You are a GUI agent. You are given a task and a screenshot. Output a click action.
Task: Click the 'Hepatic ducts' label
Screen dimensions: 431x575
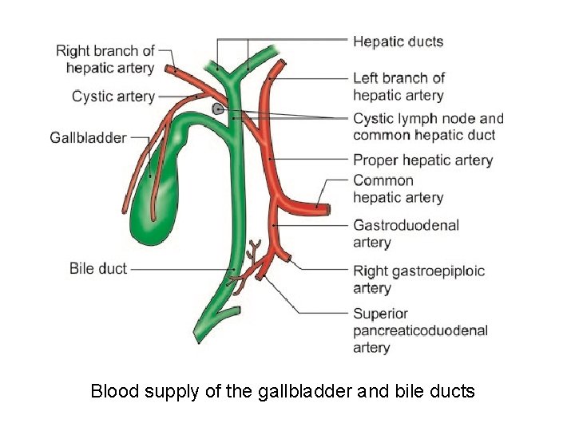point(398,42)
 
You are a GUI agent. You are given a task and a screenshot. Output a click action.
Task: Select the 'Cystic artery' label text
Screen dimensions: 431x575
point(113,97)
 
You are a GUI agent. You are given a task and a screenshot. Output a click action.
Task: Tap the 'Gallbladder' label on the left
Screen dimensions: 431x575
point(88,137)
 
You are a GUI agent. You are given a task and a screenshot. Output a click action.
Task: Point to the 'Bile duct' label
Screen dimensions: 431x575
point(98,268)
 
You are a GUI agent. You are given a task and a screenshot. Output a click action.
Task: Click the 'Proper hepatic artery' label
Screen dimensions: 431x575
point(422,160)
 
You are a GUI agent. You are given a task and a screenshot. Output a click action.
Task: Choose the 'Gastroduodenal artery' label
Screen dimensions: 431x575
point(406,233)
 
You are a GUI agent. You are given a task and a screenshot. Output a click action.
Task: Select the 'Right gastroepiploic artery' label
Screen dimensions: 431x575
point(418,279)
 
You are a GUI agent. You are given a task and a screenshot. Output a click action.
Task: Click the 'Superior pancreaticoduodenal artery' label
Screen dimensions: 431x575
point(420,330)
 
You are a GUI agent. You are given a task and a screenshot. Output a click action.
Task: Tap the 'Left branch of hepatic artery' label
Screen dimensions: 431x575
point(399,86)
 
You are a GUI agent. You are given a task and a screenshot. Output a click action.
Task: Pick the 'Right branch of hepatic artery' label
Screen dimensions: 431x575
point(105,60)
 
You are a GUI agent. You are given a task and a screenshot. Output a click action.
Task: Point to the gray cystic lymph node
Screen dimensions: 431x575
point(217,109)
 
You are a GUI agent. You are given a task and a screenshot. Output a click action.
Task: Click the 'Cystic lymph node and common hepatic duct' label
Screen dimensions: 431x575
point(428,127)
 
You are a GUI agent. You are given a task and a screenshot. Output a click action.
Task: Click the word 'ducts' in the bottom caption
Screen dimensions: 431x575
point(454,391)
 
